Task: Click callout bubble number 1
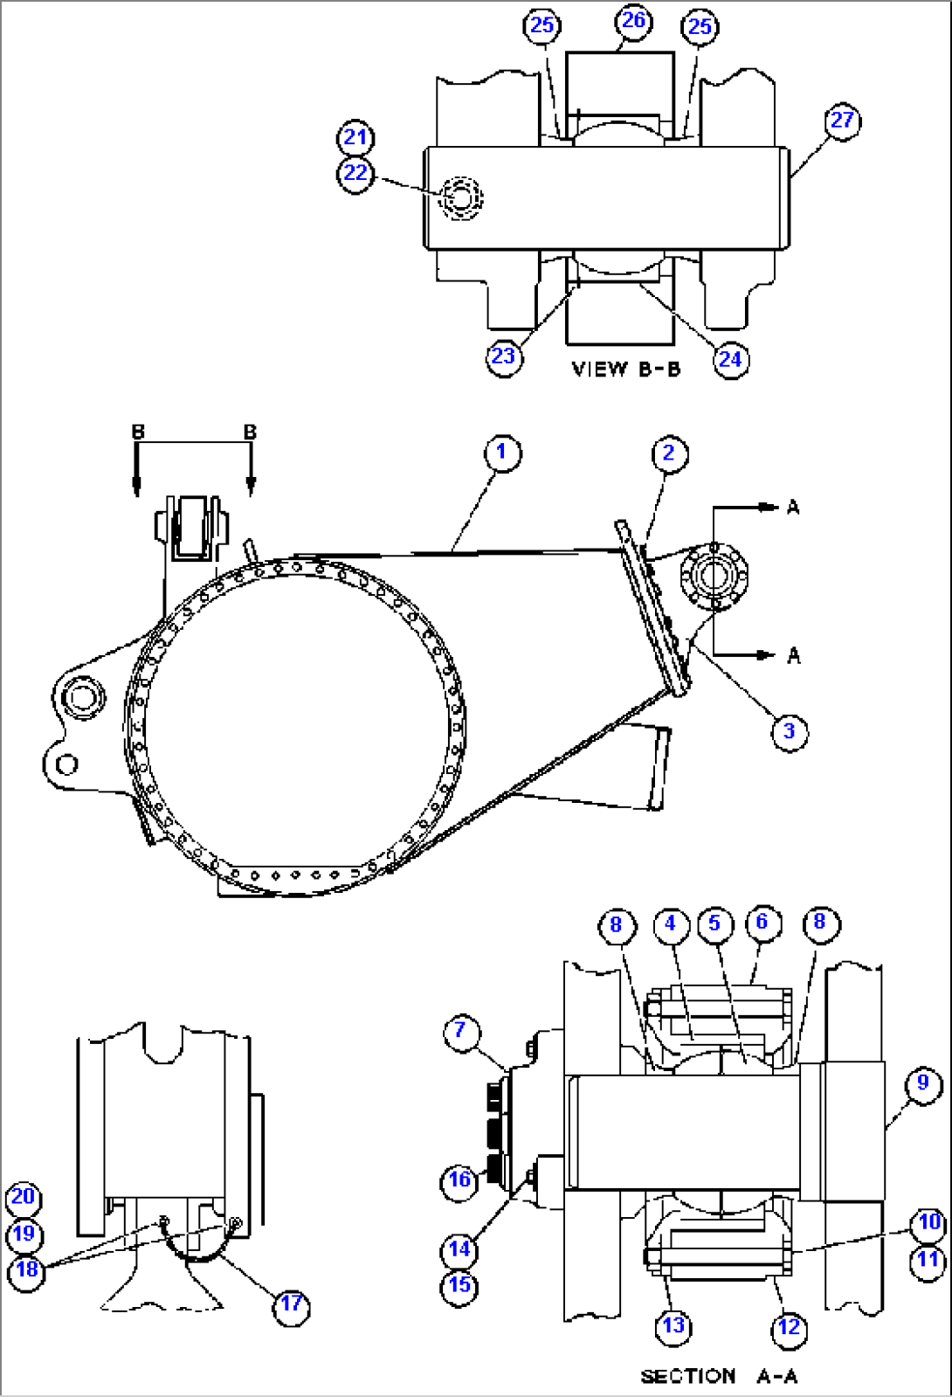[501, 453]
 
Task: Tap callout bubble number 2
[669, 454]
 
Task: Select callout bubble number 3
[789, 731]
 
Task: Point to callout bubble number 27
[842, 121]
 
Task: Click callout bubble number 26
[633, 21]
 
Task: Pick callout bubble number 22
[355, 174]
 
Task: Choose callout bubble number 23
[503, 356]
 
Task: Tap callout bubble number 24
[730, 359]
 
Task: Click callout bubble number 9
[923, 1084]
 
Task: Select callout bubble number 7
[460, 1031]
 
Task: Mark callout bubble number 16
[459, 1180]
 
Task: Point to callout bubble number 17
[291, 1304]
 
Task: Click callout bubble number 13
[673, 1326]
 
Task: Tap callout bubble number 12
[789, 1328]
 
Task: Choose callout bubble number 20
[24, 1197]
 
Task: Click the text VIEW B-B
[625, 370]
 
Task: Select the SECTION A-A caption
[719, 1376]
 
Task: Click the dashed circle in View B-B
[460, 197]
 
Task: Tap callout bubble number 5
[714, 923]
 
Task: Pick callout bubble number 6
[762, 923]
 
